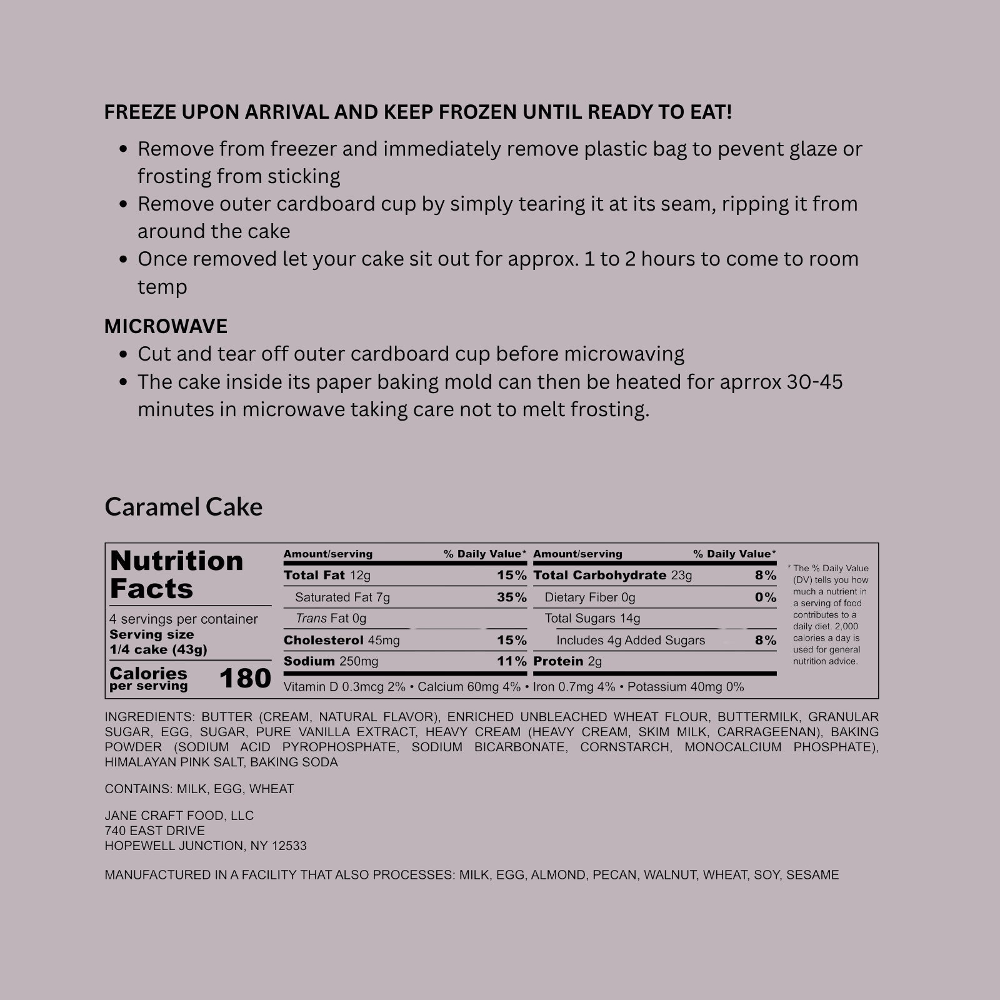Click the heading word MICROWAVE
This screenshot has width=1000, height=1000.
click(166, 326)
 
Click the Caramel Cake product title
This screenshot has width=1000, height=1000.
click(183, 507)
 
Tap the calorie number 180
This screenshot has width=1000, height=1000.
click(245, 679)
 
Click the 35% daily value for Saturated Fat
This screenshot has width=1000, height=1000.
click(511, 597)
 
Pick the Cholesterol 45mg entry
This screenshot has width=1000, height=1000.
click(341, 641)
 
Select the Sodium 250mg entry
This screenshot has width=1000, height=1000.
click(331, 661)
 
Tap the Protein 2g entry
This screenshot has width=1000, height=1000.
click(567, 661)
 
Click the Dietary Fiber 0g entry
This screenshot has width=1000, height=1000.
click(589, 597)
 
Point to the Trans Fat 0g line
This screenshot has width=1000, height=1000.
click(331, 619)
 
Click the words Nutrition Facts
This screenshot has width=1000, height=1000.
click(176, 575)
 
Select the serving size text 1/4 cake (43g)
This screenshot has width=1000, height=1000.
click(158, 649)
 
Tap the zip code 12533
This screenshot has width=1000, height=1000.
click(289, 846)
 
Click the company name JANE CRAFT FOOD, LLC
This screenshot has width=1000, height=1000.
click(179, 816)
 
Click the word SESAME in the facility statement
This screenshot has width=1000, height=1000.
click(812, 875)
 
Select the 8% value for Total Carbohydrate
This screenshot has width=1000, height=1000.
click(765, 576)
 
